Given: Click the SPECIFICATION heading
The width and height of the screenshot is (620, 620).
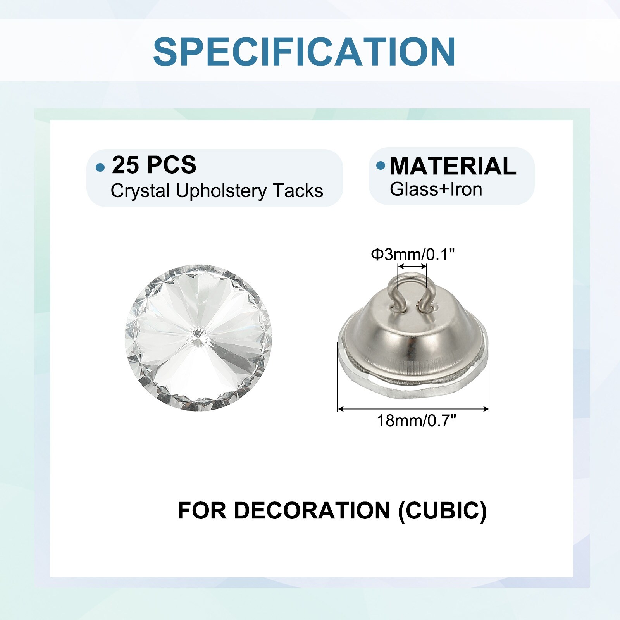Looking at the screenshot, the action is pos(304,52).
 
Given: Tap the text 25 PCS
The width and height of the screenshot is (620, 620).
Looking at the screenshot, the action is pos(154,165).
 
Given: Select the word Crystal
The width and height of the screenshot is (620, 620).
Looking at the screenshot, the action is pos(140,191).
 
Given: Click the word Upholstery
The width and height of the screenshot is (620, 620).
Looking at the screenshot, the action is pos(221,191).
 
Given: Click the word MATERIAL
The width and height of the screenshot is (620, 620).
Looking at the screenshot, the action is pos(453,166).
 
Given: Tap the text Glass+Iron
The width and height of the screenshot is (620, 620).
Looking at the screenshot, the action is pos(436,189).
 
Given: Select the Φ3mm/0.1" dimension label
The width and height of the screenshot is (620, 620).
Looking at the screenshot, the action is pos(413,255).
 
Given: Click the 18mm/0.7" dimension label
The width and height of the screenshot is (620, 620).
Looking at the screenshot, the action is pos(417,420).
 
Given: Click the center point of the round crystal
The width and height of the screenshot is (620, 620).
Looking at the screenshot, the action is pos(198,334).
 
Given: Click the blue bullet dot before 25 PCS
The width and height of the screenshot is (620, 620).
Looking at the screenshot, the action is pos(100,167).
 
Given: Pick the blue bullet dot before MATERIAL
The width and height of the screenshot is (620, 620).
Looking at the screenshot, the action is pos(381,166).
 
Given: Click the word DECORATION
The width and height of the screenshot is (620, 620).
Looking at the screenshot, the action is pos(312,510).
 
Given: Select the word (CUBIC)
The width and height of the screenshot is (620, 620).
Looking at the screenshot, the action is pos(443,511).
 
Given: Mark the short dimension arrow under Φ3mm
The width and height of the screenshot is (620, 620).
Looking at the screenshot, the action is pos(413,266).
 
